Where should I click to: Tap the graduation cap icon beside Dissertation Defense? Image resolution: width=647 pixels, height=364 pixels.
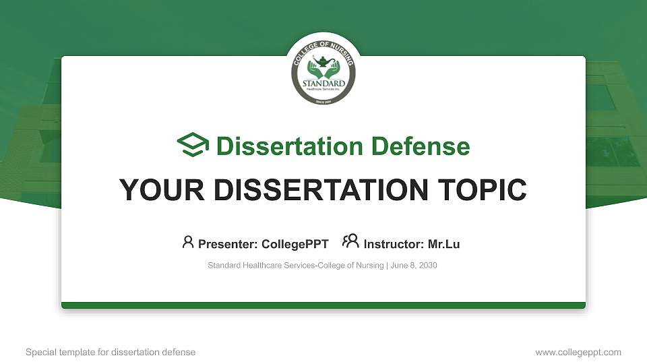193,146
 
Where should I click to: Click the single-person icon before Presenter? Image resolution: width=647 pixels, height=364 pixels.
188,242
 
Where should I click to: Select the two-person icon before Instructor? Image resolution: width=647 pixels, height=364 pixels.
350,242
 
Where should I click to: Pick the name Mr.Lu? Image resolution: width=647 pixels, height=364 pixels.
443,244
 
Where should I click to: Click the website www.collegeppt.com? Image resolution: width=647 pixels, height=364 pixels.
578,353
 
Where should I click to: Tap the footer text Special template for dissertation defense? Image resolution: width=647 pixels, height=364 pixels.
111,353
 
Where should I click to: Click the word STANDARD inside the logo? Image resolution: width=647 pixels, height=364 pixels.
323,84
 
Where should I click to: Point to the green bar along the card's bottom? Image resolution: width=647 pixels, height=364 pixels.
323,305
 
